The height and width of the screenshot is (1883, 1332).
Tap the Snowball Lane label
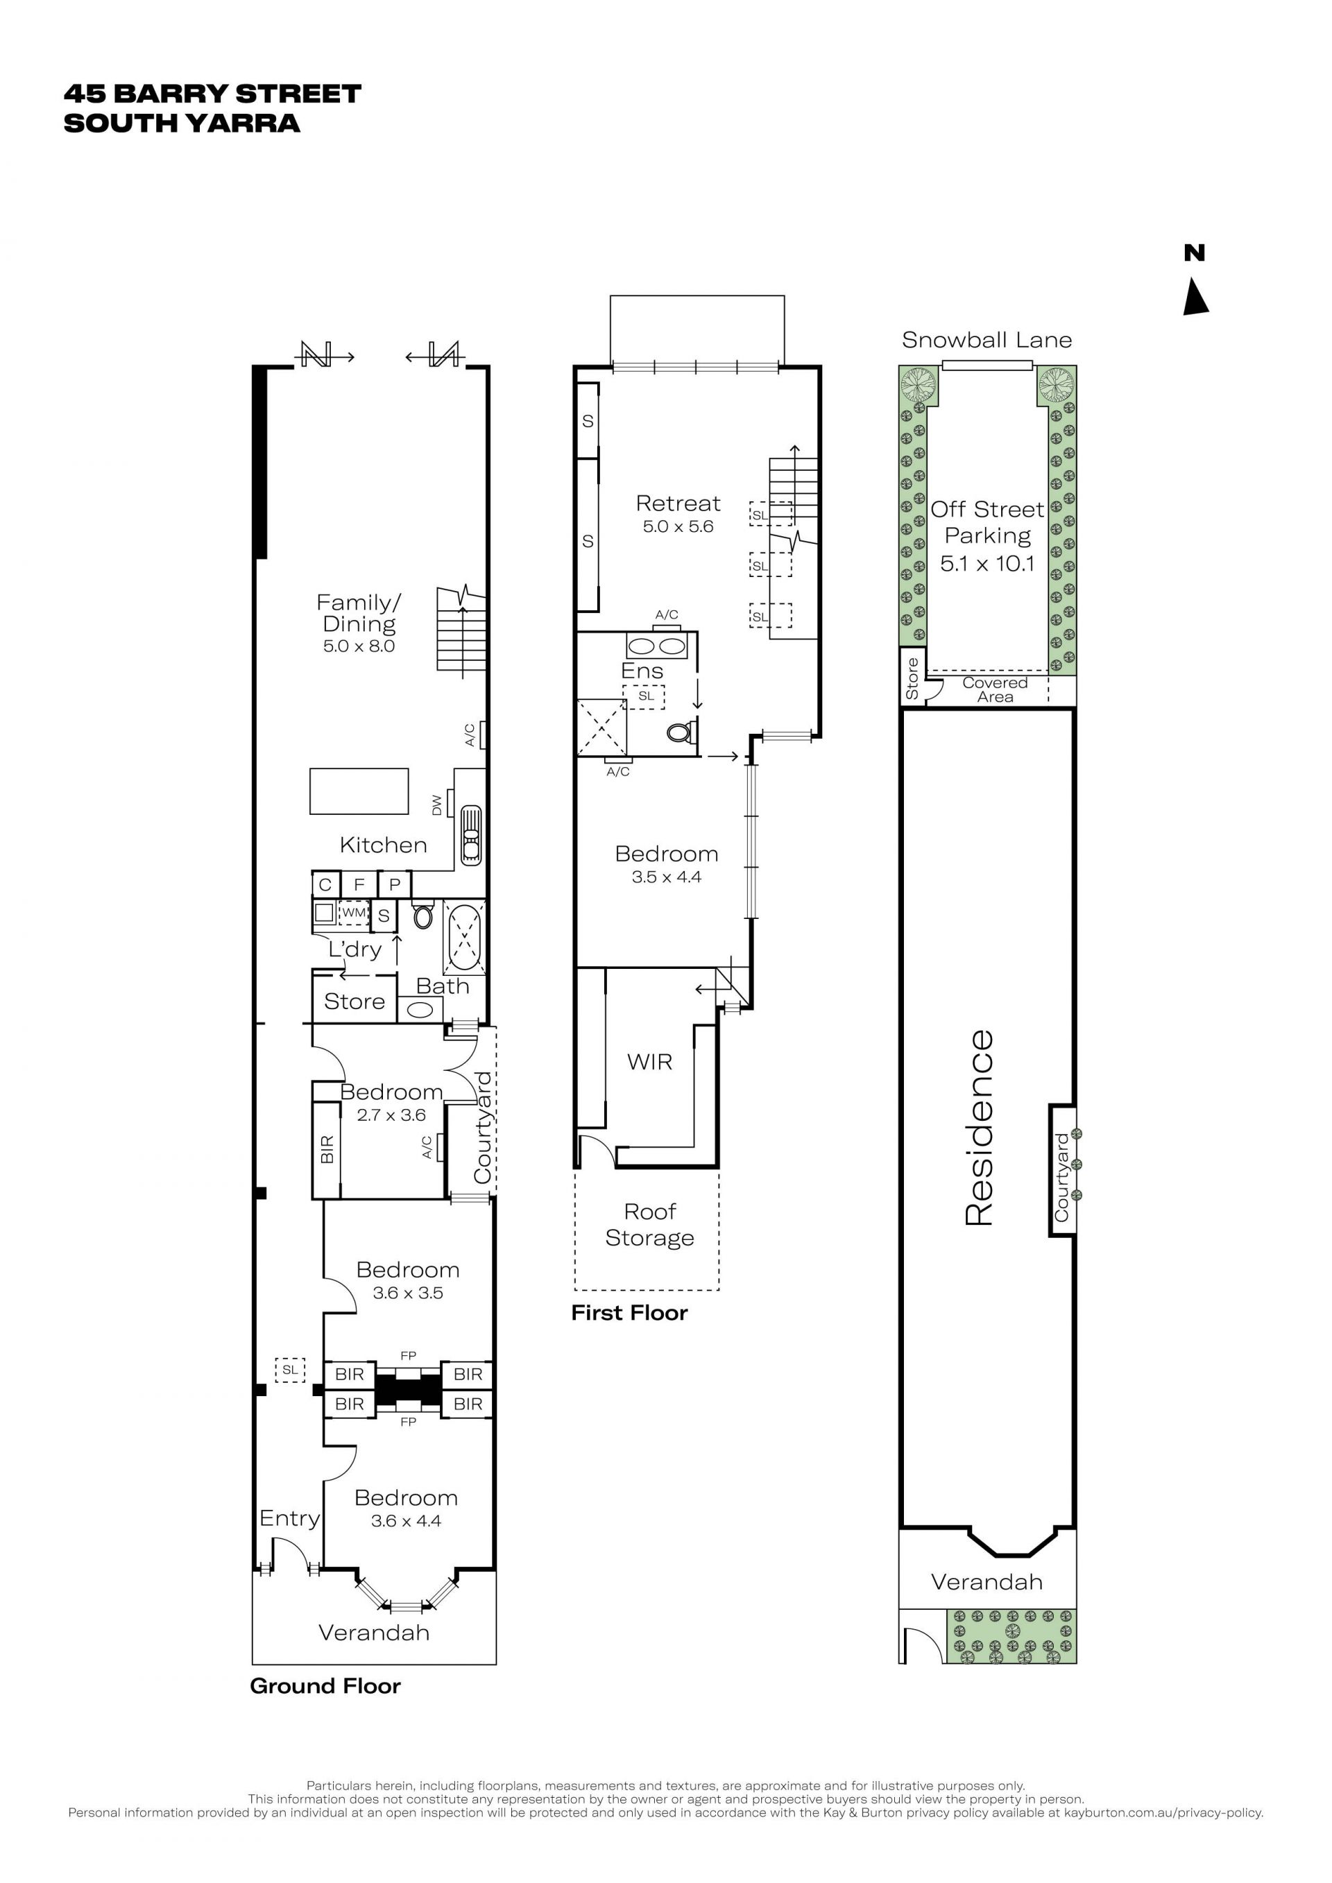click(987, 341)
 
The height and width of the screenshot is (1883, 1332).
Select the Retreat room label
click(678, 503)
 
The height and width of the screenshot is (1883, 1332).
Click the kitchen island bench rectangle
click(359, 791)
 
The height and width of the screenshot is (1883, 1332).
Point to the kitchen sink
click(471, 835)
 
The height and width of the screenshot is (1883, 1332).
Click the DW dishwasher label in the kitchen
click(436, 805)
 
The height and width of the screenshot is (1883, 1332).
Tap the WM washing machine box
click(354, 912)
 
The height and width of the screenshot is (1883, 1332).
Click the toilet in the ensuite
click(681, 732)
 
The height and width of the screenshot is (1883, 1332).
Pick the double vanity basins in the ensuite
click(657, 646)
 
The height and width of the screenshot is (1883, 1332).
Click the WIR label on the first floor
click(649, 1062)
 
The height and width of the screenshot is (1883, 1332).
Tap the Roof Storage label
click(649, 1224)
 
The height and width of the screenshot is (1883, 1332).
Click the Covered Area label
click(995, 689)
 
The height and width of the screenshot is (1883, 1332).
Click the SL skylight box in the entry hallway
click(289, 1370)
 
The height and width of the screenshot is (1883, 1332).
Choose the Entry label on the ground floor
click(289, 1519)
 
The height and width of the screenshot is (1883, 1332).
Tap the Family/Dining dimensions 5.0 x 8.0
click(359, 646)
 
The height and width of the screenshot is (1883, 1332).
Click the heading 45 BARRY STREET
click(212, 94)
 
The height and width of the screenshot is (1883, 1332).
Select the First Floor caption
click(629, 1313)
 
